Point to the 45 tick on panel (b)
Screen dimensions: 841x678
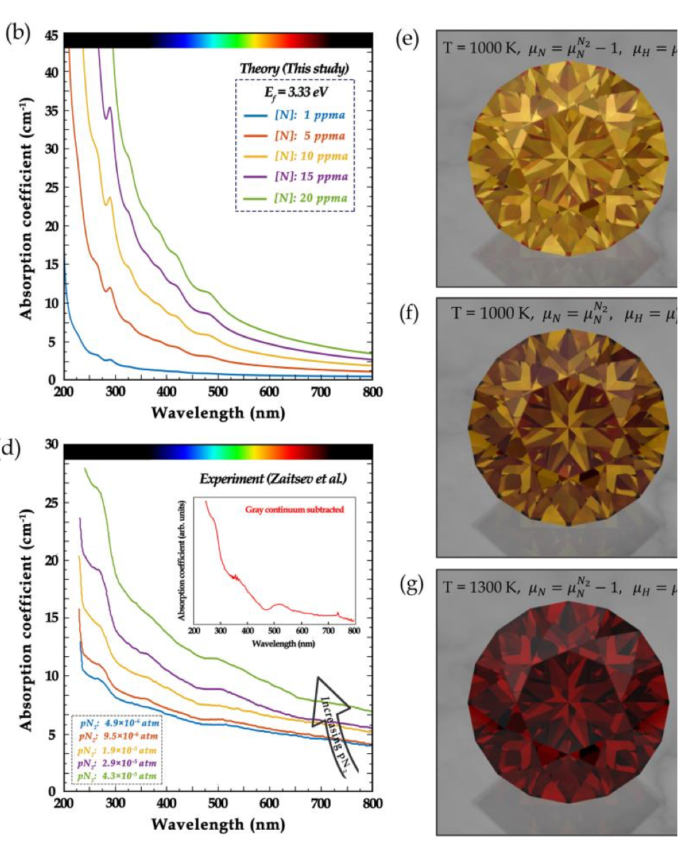pos(51,34)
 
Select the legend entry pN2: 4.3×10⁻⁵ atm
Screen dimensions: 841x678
pos(117,775)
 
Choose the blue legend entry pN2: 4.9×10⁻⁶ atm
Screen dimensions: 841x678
pos(117,723)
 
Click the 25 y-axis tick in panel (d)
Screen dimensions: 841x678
pos(51,502)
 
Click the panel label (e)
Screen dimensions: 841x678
pos(408,39)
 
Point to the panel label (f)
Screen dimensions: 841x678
pos(408,313)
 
